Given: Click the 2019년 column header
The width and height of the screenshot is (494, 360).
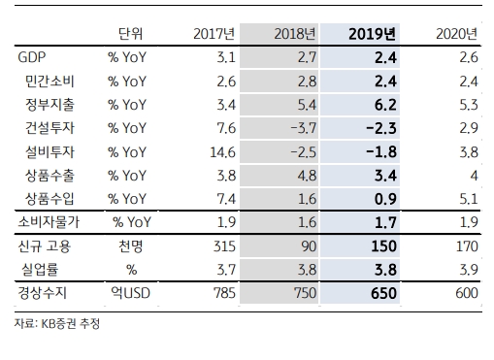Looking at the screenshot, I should tap(371, 34).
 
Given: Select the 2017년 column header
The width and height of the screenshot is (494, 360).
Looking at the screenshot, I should tap(211, 34).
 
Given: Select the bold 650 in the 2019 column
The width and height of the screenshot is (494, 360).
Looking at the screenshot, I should tap(381, 292).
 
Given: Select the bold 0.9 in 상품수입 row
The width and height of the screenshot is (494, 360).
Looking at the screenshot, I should tap(383, 199).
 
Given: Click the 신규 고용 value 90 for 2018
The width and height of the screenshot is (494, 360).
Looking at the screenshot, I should tap(304, 245).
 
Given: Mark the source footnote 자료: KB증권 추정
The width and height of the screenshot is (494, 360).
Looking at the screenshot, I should tap(57, 324).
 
